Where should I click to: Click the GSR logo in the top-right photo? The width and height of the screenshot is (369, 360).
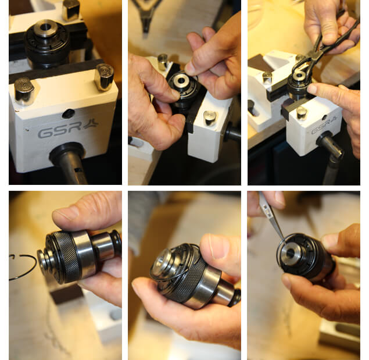pos(322,129)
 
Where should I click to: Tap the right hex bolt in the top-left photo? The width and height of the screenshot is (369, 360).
pos(104,76)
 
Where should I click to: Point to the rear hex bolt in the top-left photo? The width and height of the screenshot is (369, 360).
pos(71,9)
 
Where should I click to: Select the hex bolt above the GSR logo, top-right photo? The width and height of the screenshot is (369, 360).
pos(302,112)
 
